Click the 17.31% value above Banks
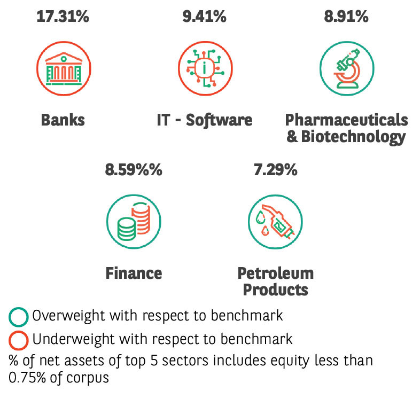click(x=63, y=17)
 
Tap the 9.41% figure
click(x=204, y=17)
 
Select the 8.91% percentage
click(x=346, y=17)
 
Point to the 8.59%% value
click(x=134, y=170)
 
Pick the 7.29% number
click(x=275, y=170)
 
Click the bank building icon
click(x=64, y=69)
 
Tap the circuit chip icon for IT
click(x=205, y=68)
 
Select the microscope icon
click(x=347, y=68)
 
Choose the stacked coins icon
click(x=134, y=222)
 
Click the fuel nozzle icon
click(x=275, y=222)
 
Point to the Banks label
click(x=63, y=120)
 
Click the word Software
click(x=219, y=120)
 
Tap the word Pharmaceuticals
click(x=347, y=120)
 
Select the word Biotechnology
click(x=353, y=137)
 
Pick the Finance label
click(x=134, y=273)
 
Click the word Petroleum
click(x=276, y=273)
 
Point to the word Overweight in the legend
click(x=68, y=316)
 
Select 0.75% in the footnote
click(x=27, y=378)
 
